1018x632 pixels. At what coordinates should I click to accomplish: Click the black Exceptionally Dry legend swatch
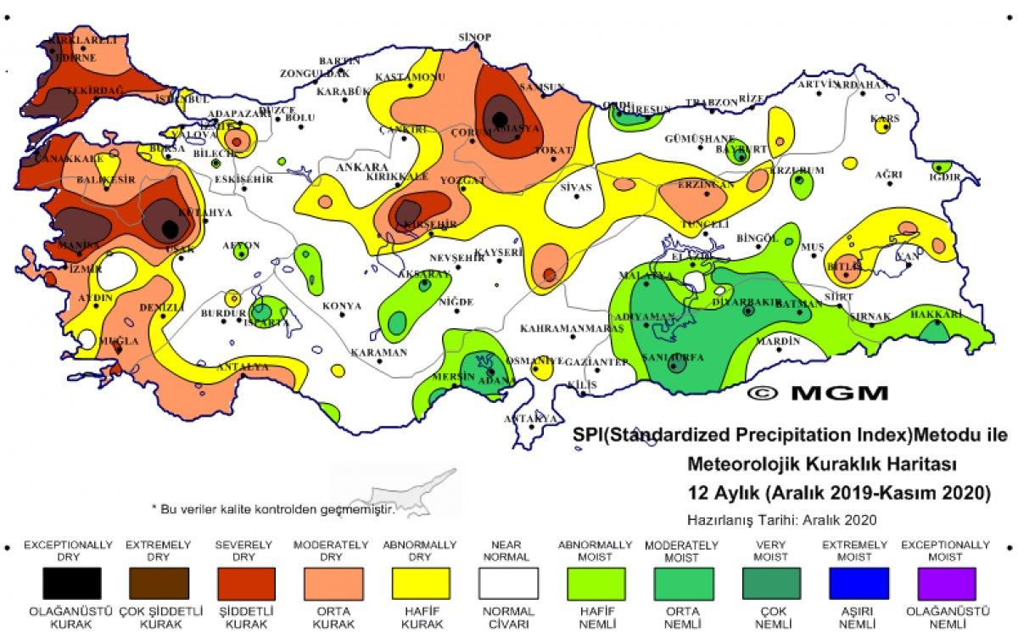[x=72, y=584]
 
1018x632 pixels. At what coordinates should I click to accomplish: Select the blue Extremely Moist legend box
[x=856, y=584]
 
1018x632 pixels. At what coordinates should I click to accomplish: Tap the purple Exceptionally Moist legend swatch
[x=945, y=584]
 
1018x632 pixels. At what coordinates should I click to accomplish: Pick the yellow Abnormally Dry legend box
[x=421, y=584]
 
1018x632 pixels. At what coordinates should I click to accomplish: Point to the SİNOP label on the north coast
[x=475, y=37]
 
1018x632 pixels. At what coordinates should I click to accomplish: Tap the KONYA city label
[x=341, y=305]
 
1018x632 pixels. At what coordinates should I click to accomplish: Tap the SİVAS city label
[x=576, y=186]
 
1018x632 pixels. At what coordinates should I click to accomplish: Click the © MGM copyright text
[x=818, y=393]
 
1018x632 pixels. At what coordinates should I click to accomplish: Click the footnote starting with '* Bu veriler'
[x=273, y=509]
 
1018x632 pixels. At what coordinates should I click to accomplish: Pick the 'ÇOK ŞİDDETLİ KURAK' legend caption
[x=159, y=617]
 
